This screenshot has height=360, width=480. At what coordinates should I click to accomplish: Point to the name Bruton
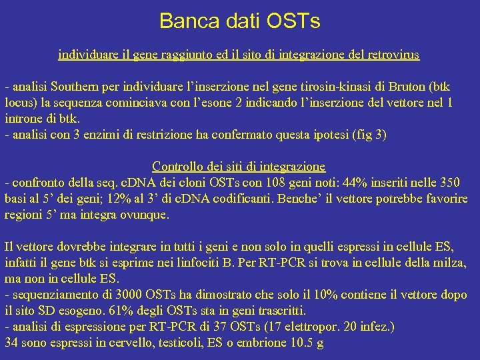tap(405, 88)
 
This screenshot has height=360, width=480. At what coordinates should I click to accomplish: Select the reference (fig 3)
tap(371, 134)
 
